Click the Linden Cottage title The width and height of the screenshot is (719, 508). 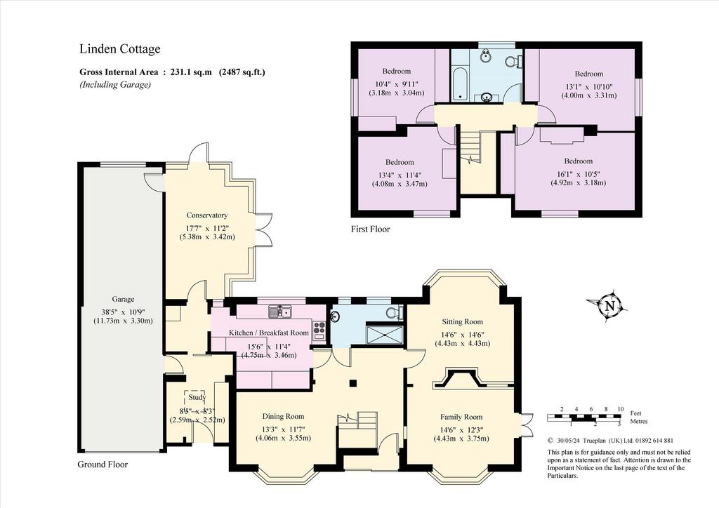(x=120, y=49)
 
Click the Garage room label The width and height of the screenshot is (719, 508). (x=123, y=299)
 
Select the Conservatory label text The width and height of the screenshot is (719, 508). (x=207, y=215)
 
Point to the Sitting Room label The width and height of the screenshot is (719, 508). (x=462, y=321)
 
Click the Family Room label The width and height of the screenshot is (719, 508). (x=461, y=417)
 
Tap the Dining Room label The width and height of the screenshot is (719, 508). (x=283, y=416)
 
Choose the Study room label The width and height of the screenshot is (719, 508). (x=197, y=397)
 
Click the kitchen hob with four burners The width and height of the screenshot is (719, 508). (x=319, y=329)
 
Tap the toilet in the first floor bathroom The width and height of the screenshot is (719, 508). (x=513, y=60)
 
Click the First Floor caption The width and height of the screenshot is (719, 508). (x=371, y=229)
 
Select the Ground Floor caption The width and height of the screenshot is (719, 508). (x=103, y=464)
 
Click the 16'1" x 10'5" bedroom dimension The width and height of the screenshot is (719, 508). (x=579, y=174)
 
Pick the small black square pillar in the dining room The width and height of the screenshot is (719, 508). (x=352, y=382)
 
